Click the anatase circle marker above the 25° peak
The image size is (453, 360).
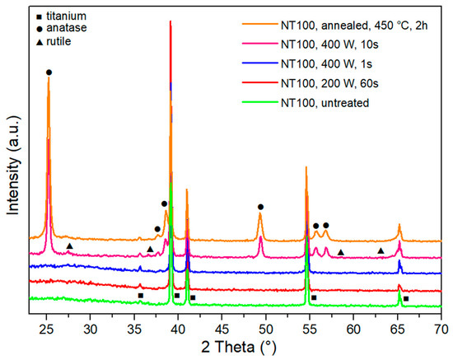49,72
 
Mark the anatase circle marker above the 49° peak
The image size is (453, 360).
260,207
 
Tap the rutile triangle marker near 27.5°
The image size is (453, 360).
70,246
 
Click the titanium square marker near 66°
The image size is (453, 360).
406,299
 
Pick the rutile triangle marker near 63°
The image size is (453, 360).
381,250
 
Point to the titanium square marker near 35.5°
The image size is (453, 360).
141,295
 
